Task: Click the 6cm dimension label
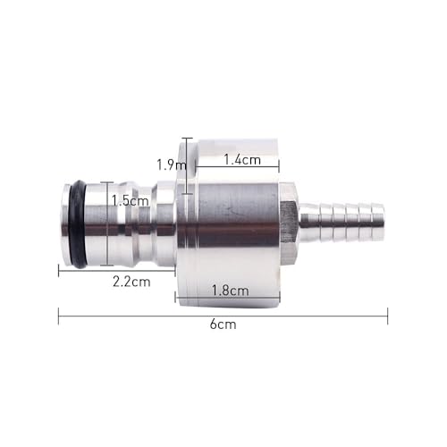point(223,325)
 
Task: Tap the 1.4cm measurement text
point(241,159)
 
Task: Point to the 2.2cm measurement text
point(131,281)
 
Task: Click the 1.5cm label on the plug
point(131,201)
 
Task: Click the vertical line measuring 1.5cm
point(109,223)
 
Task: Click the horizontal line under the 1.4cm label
point(237,168)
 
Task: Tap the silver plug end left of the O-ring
point(65,223)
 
